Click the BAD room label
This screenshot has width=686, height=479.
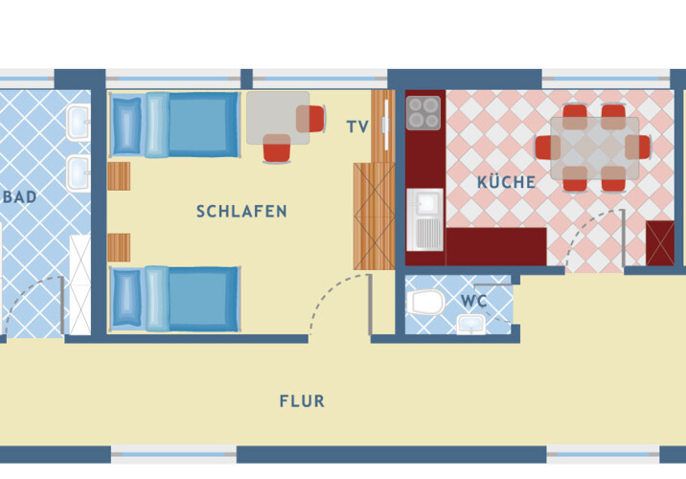coord(20,197)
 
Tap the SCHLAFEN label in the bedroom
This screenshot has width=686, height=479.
coord(241,212)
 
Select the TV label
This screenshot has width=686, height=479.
coord(357,125)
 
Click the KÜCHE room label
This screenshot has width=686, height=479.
coord(506,182)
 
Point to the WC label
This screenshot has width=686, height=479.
coord(474,301)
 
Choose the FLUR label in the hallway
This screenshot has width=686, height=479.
coord(302,401)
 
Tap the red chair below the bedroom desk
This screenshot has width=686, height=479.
coord(276,149)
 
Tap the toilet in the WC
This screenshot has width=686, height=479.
coord(424,304)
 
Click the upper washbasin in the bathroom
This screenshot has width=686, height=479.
coord(78,122)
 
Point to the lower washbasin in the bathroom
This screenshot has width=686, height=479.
coord(78,173)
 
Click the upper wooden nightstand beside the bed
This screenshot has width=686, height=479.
coord(118,177)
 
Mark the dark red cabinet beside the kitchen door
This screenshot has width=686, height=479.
coord(660,242)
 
